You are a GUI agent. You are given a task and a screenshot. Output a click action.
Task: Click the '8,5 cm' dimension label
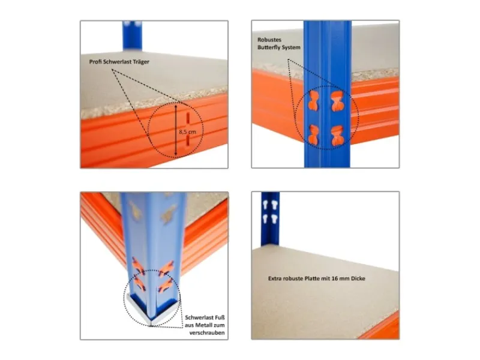187,132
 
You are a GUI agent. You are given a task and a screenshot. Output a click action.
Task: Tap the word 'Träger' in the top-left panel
141,62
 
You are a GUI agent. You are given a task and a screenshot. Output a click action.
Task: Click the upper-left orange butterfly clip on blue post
313,100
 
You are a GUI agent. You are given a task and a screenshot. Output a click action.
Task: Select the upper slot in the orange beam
188,118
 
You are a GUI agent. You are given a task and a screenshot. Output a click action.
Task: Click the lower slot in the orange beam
188,142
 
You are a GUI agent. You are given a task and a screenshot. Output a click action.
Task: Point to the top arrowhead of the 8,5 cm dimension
176,107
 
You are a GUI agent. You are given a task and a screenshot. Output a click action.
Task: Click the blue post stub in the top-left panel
132,35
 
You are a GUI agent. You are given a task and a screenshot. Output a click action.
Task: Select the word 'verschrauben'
207,333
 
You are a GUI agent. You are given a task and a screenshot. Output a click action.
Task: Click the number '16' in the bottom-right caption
338,278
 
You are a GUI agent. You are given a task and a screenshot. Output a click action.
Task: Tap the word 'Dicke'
358,278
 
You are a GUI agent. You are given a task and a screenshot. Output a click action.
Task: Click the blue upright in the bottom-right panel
270,218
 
